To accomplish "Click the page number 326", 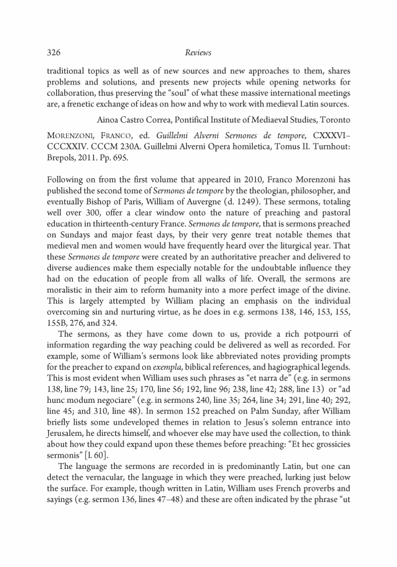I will pos(54,53).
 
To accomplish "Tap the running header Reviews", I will pos(198,53).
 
